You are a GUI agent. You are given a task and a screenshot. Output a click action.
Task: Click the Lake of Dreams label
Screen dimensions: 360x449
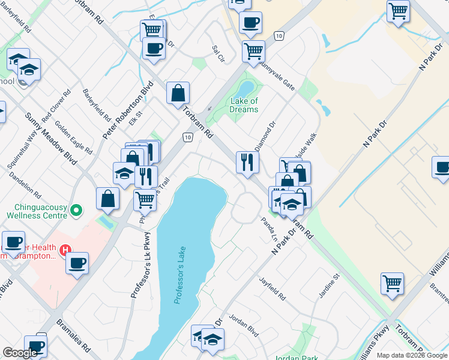pyautogui.click(x=244, y=106)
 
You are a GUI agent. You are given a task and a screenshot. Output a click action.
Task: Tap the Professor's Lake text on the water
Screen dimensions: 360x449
pyautogui.click(x=181, y=275)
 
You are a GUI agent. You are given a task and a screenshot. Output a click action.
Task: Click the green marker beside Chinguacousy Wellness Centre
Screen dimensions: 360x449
pyautogui.click(x=76, y=211)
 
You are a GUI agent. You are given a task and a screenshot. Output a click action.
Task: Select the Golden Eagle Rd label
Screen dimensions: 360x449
pyautogui.click(x=73, y=136)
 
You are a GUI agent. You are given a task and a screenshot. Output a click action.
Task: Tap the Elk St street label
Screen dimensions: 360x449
pyautogui.click(x=135, y=118)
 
